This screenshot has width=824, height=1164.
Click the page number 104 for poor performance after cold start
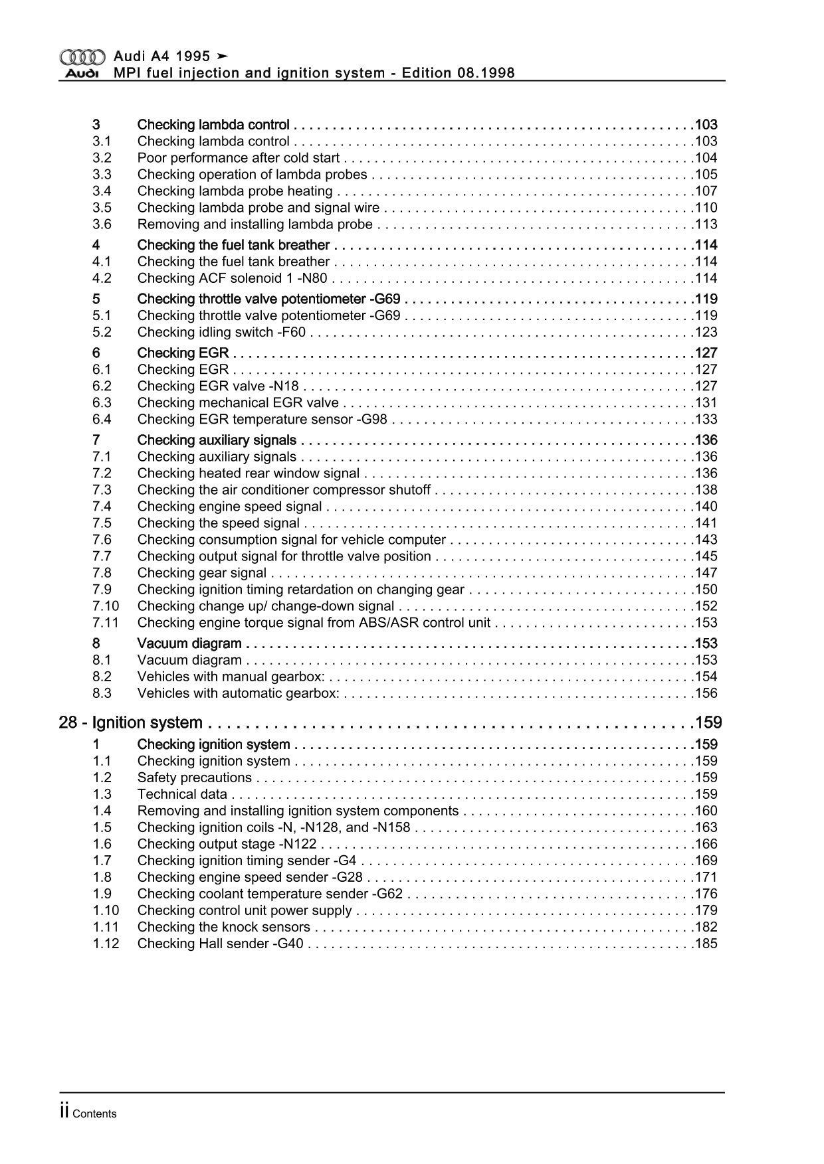point(706,158)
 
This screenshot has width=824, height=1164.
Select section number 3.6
point(102,224)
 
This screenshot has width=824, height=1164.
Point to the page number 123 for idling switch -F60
point(706,332)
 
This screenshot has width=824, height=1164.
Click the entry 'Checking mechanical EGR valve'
point(238,402)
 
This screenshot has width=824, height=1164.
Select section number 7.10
point(106,606)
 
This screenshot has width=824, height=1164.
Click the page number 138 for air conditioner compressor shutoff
point(706,489)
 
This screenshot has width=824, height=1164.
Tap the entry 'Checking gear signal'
point(202,572)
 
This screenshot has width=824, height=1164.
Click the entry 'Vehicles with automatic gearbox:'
point(238,693)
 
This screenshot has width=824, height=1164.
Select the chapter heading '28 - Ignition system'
point(130,722)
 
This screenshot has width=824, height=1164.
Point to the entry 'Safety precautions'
point(195,778)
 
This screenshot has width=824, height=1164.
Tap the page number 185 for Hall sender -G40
point(706,944)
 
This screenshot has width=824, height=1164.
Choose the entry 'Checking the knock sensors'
point(223,927)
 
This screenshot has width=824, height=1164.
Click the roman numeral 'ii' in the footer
point(64,1113)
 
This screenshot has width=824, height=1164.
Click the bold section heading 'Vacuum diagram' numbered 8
point(189,643)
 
